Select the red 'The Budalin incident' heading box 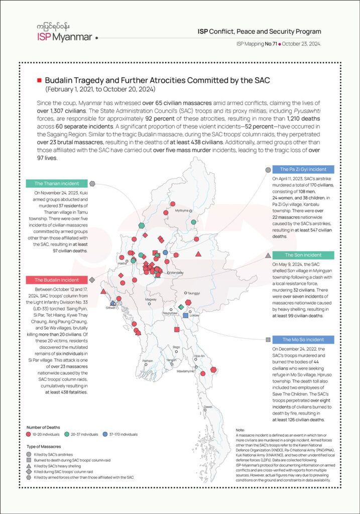(x=56, y=280)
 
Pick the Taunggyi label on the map (x=194, y=292)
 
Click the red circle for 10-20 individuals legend (x=29, y=433)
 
